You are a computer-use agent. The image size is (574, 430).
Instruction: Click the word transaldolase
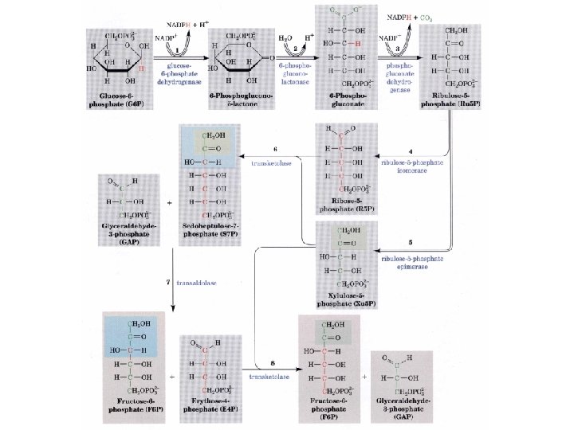[x=199, y=283]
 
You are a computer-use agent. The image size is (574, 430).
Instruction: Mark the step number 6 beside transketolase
[x=275, y=149]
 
